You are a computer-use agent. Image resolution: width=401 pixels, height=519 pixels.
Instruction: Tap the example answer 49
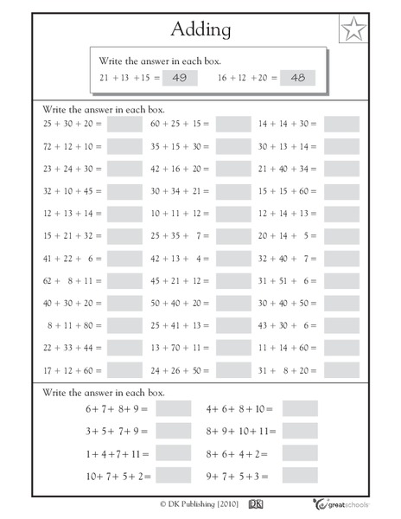[180, 79]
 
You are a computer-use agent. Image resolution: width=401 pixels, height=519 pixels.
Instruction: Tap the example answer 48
[297, 79]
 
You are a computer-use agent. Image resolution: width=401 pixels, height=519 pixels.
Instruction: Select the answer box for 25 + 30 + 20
[124, 124]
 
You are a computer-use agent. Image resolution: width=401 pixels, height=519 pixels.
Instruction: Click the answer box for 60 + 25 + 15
[232, 124]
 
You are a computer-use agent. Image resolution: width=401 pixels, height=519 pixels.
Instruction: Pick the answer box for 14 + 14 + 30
[341, 124]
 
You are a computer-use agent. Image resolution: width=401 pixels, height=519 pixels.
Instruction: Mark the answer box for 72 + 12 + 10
[124, 146]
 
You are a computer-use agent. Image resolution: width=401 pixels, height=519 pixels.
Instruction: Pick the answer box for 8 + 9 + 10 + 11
[300, 430]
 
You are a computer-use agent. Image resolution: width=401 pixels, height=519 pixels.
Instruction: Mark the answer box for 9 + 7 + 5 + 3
[300, 475]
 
